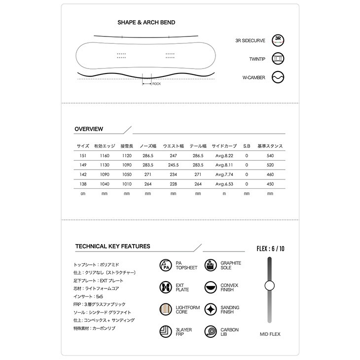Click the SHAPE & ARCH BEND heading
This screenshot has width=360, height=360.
click(146, 23)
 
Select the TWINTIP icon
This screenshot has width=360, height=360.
click(279, 59)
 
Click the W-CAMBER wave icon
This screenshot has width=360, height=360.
click(279, 77)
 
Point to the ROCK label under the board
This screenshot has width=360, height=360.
click(156, 84)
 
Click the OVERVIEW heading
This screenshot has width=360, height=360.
click(89, 129)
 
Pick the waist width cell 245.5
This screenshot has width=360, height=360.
click(173, 165)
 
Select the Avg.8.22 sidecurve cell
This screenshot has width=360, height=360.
click(224, 155)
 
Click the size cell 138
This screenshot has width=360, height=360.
click(83, 184)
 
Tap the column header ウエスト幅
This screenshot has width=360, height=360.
click(173, 146)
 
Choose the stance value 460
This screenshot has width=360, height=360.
click(270, 175)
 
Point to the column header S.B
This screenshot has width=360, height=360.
click(247, 146)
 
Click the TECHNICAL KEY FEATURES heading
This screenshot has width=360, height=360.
click(112, 246)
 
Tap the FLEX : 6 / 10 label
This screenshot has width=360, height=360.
click(270, 249)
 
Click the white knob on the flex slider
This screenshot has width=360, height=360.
click(269, 286)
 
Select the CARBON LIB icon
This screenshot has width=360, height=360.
click(211, 332)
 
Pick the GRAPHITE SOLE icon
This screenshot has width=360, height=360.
click(211, 265)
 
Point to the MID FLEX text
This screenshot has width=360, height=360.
click(270, 334)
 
